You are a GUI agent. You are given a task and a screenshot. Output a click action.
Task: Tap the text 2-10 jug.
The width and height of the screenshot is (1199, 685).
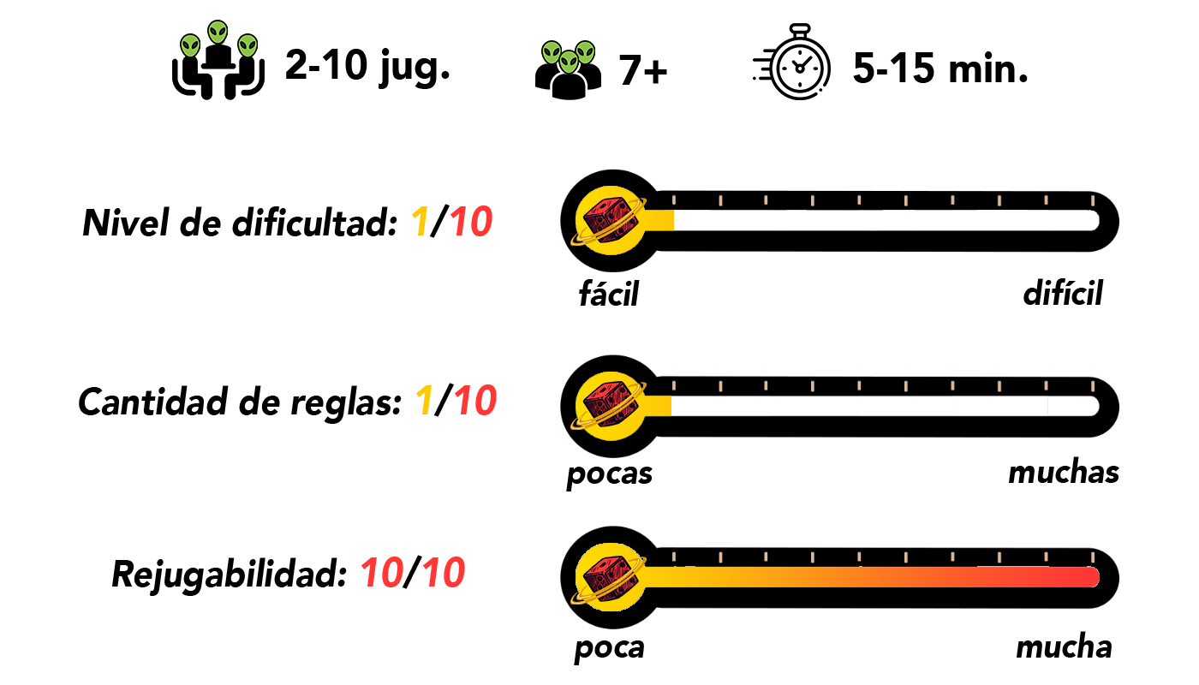pos(368,66)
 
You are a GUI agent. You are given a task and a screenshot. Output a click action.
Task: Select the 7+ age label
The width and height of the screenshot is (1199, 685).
pos(643,70)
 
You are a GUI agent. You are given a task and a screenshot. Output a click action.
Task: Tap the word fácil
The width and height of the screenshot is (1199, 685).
pos(609,295)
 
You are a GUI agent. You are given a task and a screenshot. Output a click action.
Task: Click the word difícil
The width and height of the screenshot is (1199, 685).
pos(1062,295)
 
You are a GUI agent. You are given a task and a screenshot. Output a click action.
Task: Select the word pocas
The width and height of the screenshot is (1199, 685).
pos(610,474)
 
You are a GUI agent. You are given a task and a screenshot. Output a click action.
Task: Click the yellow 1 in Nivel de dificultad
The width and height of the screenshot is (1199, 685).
pos(420,224)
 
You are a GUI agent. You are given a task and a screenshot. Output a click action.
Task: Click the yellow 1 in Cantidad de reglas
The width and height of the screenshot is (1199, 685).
pos(423,402)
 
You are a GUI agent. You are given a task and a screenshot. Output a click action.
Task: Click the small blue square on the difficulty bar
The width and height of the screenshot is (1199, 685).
pos(778,225)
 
